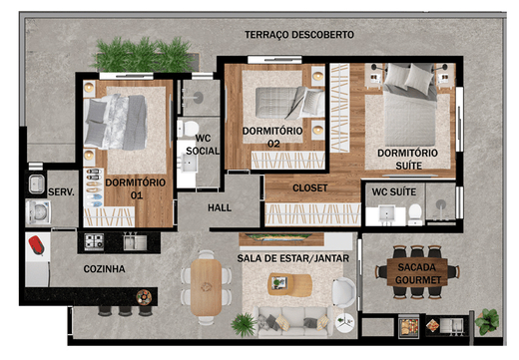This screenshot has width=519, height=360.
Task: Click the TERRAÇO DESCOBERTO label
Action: tap(299, 35)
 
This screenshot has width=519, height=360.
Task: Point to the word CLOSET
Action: tap(309, 188)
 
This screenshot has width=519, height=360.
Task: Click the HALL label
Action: tap(220, 208)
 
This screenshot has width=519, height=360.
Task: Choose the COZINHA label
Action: tap(104, 269)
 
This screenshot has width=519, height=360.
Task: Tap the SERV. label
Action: tap(62, 190)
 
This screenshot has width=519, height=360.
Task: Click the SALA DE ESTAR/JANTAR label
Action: tap(287, 258)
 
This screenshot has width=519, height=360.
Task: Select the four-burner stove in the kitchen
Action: tap(95, 240)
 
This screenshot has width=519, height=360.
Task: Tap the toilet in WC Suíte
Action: tap(414, 211)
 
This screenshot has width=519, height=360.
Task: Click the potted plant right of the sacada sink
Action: tap(487, 320)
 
